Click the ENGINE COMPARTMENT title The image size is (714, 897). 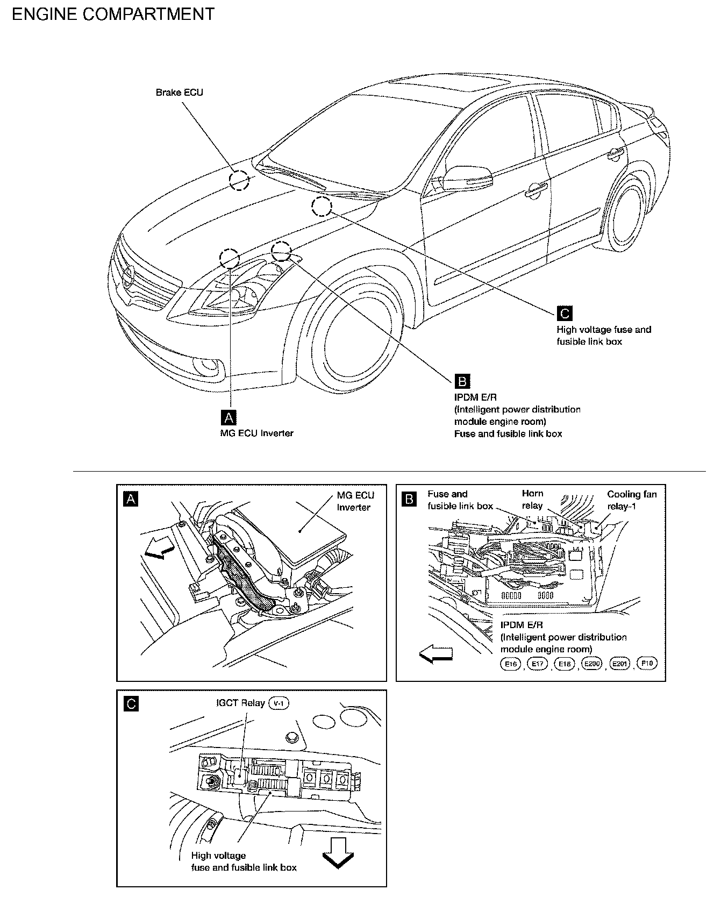(113, 15)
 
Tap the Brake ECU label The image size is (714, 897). (179, 92)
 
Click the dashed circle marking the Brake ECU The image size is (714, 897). (239, 181)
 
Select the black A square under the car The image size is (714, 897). (229, 417)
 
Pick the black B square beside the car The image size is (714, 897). (462, 381)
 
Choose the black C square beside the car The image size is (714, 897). (565, 313)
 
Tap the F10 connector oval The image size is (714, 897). (647, 664)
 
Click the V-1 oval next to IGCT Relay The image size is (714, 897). (278, 703)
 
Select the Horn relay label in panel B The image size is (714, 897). (532, 500)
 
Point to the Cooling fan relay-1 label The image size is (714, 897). (632, 500)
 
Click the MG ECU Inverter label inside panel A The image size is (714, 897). (355, 501)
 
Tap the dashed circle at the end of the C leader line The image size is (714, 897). (321, 207)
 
